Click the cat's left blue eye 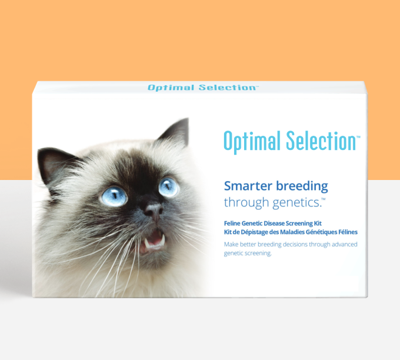tap(114, 195)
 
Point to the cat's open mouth tap(154, 238)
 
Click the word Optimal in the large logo tap(252, 141)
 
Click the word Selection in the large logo tap(320, 141)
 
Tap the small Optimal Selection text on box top tap(202, 88)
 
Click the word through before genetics tap(245, 204)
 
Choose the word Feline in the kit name tap(234, 224)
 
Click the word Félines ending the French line tap(345, 232)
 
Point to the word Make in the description tap(231, 244)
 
